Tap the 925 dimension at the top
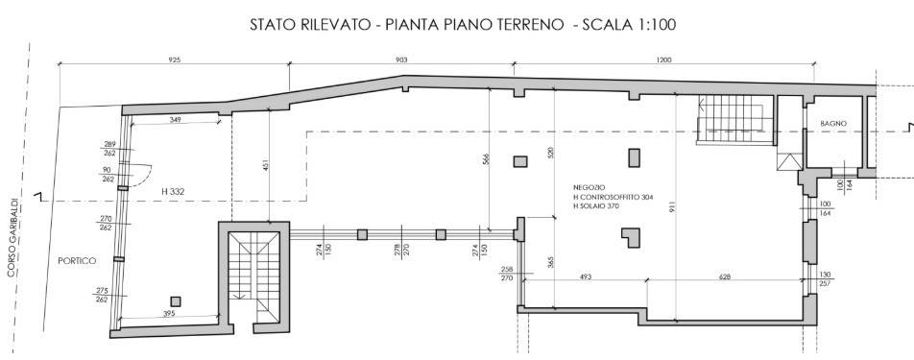tap(174, 60)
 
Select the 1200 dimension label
tap(663, 60)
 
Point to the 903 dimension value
tap(401, 60)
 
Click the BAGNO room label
tap(832, 124)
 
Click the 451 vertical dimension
tap(263, 164)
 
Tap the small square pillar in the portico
tap(175, 300)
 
